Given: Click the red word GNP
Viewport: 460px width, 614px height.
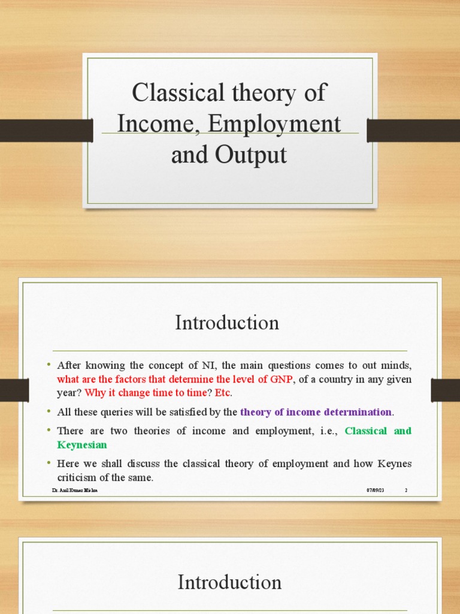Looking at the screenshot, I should pyautogui.click(x=280, y=379).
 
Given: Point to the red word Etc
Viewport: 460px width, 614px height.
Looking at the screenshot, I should pyautogui.click(x=223, y=393).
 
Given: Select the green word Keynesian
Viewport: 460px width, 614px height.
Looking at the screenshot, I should pyautogui.click(x=81, y=444).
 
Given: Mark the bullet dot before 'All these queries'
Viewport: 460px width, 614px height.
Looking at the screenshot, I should pyautogui.click(x=48, y=412).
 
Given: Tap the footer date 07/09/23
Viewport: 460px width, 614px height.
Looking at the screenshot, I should pyautogui.click(x=375, y=490).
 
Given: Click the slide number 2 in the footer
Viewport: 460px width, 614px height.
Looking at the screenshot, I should pyautogui.click(x=405, y=490).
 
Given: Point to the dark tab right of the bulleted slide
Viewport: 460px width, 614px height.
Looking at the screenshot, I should pyautogui.click(x=445, y=390).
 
